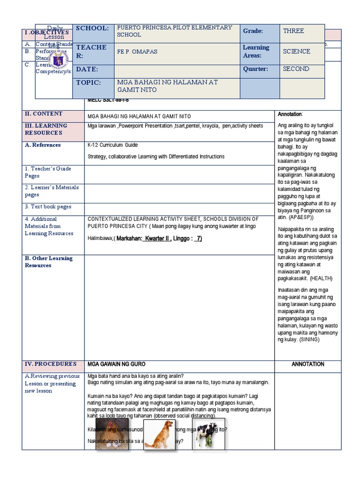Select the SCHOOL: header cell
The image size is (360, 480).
[92, 28]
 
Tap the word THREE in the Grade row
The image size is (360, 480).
[293, 31]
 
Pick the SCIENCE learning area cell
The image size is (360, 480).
[296, 51]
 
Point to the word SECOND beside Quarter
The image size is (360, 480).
[296, 69]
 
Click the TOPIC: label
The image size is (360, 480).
[89, 82]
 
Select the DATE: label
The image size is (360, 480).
[87, 69]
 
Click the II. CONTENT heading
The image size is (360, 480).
[44, 114]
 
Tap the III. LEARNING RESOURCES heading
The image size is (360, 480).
[46, 129]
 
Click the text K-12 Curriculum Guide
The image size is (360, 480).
[112, 145]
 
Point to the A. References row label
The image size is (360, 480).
[43, 145]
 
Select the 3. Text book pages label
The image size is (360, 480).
[48, 206]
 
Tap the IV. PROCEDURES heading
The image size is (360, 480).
[51, 364]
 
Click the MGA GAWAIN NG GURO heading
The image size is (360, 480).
[116, 364]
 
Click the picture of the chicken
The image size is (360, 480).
[112, 434]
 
